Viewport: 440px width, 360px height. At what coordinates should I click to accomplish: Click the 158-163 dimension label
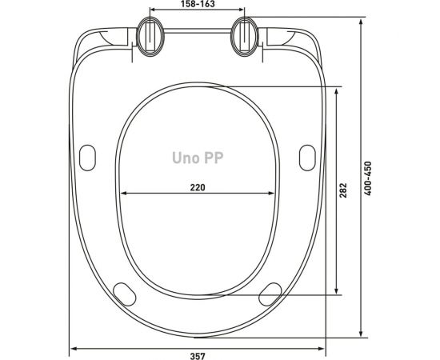pos(198,4)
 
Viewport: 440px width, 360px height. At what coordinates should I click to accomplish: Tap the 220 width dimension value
pos(198,187)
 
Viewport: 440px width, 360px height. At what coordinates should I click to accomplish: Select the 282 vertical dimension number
pos(343,190)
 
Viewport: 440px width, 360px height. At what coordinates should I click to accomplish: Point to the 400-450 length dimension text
pos(368,178)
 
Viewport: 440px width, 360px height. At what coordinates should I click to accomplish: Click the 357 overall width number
pos(198,356)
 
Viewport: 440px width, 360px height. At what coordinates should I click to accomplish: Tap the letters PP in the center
pos(214,158)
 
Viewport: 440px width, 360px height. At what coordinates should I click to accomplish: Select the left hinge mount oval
pos(150,36)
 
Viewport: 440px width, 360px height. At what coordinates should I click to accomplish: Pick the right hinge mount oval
pos(244,36)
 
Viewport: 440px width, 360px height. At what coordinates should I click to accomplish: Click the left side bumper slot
pos(87,158)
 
